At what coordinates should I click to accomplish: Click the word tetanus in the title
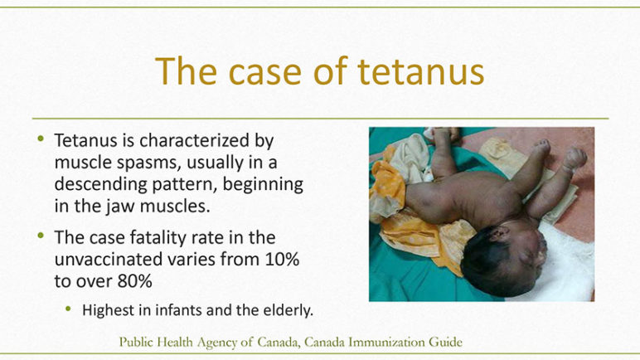tap(421, 71)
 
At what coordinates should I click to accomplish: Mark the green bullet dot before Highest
tap(68, 309)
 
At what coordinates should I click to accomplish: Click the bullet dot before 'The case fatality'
tap(41, 236)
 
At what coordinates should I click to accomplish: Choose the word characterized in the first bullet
tap(194, 140)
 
